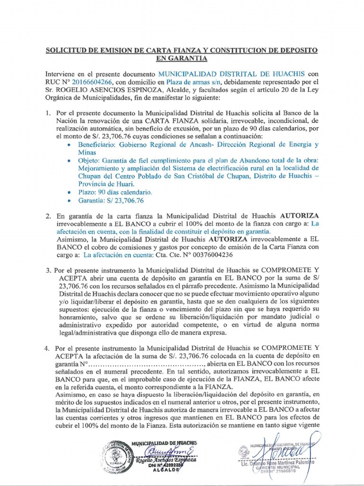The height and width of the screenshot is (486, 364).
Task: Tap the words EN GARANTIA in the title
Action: pyautogui.click(x=182, y=58)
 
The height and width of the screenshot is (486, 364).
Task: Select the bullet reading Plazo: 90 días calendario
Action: pyautogui.click(x=115, y=193)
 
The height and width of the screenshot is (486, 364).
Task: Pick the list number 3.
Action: pyautogui.click(x=48, y=270)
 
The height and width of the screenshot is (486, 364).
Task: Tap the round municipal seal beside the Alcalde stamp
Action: pyautogui.click(x=116, y=456)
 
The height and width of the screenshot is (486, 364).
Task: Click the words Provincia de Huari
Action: pyautogui.click(x=107, y=184)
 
